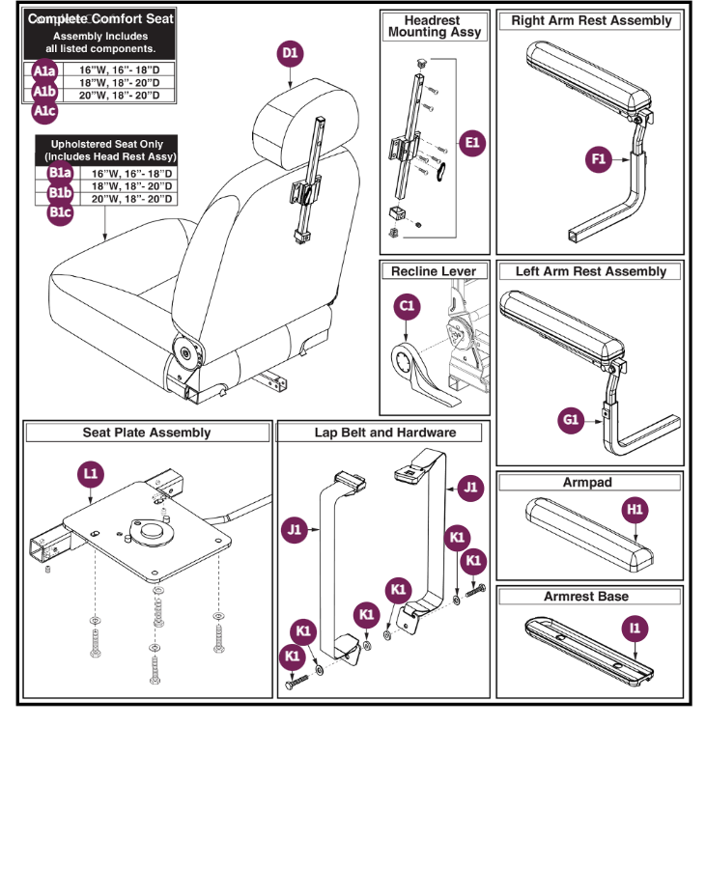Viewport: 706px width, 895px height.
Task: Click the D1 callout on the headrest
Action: click(x=290, y=55)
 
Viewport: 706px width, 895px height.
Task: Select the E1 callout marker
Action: click(x=471, y=143)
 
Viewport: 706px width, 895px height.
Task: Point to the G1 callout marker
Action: click(x=571, y=420)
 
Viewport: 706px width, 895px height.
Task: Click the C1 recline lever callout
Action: click(x=408, y=306)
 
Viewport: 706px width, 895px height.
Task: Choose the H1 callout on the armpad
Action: click(x=635, y=509)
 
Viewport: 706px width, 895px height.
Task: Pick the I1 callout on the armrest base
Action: click(x=635, y=629)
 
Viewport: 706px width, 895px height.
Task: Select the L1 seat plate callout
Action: click(x=91, y=474)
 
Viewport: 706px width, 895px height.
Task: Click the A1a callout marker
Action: click(x=44, y=71)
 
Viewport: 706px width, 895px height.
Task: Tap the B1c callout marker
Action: click(x=60, y=212)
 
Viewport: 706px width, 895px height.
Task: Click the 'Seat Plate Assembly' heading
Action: click(x=146, y=433)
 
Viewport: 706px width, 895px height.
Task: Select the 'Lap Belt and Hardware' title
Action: click(x=384, y=433)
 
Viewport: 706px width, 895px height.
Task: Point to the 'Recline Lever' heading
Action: click(x=434, y=272)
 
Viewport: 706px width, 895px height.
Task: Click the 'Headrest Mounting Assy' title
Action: click(x=434, y=26)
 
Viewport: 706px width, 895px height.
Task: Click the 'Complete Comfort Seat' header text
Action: click(x=100, y=19)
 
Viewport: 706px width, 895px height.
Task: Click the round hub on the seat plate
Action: click(x=152, y=532)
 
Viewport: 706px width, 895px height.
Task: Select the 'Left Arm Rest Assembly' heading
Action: click(x=590, y=272)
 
